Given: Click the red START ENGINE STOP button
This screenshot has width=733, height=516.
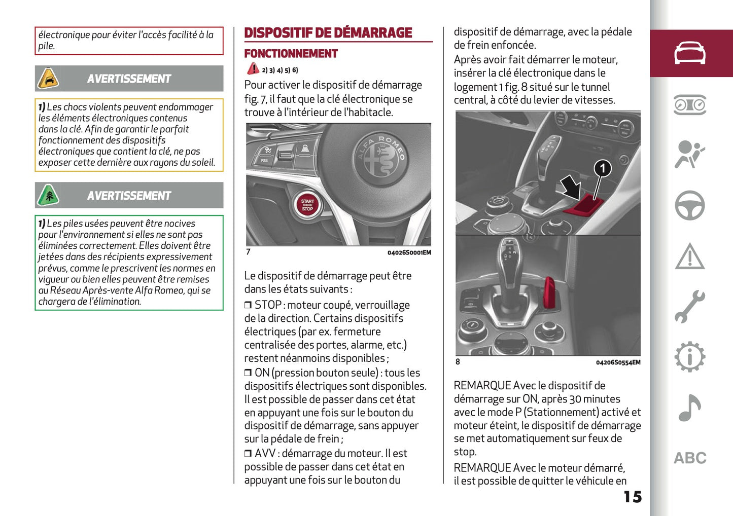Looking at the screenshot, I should (307, 205).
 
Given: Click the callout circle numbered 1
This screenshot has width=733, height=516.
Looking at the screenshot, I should (602, 168).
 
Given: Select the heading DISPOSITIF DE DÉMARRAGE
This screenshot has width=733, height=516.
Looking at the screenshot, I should (328, 33).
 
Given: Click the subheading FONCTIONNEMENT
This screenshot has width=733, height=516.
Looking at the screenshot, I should (291, 54).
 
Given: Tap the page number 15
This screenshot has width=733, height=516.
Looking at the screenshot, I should (633, 497).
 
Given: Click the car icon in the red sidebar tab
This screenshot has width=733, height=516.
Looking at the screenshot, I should (689, 53).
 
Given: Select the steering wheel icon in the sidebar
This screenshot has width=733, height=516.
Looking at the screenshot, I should (689, 205).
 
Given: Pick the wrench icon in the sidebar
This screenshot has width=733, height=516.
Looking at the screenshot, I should (689, 307).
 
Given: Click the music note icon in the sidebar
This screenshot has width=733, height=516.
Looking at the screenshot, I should (689, 408).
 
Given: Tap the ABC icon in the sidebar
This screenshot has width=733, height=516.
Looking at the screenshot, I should (689, 458).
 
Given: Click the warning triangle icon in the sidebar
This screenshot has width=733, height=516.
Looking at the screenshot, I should (689, 256).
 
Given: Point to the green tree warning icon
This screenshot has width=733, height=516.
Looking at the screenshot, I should (48, 196).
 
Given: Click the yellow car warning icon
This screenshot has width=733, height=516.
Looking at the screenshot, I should (48, 79).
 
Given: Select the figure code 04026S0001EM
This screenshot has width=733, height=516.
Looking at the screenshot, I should (409, 252).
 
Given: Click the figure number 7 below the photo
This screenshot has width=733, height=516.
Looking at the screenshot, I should (248, 252).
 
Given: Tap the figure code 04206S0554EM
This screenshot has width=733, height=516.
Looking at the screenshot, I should (618, 362).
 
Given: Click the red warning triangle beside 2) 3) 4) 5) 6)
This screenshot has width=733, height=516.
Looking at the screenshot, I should (253, 69).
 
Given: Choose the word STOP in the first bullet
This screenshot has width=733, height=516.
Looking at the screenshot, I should (268, 305).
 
